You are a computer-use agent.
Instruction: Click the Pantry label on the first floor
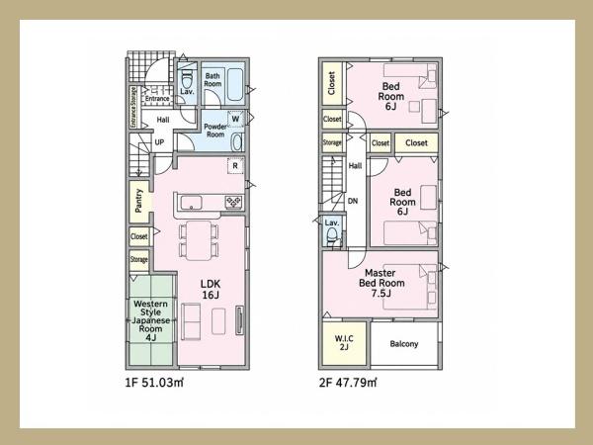pyautogui.click(x=138, y=201)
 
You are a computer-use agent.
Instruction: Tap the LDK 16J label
pyautogui.click(x=211, y=290)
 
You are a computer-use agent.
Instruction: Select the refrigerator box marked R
pyautogui.click(x=235, y=166)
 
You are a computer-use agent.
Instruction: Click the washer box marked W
pyautogui.click(x=235, y=119)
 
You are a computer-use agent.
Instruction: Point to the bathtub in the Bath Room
pyautogui.click(x=234, y=84)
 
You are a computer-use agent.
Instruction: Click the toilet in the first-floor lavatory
pyautogui.click(x=187, y=79)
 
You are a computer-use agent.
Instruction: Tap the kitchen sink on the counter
pyautogui.click(x=192, y=203)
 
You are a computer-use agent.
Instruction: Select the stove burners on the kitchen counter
pyautogui.click(x=233, y=202)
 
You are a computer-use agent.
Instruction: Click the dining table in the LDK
pyautogui.click(x=199, y=240)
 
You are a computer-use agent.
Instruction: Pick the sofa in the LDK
pyautogui.click(x=192, y=321)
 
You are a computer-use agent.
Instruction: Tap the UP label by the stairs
pyautogui.click(x=159, y=141)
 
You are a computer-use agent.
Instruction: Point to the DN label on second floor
pyautogui.click(x=353, y=201)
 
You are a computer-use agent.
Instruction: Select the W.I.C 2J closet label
pyautogui.click(x=344, y=342)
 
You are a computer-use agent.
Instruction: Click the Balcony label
pyautogui.click(x=404, y=344)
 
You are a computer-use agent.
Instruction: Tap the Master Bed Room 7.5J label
pyautogui.click(x=381, y=283)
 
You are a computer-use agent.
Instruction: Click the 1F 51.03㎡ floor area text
pyautogui.click(x=154, y=383)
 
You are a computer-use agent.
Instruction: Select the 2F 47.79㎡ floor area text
pyautogui.click(x=348, y=383)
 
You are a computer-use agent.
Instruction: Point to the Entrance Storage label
pyautogui.click(x=133, y=107)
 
